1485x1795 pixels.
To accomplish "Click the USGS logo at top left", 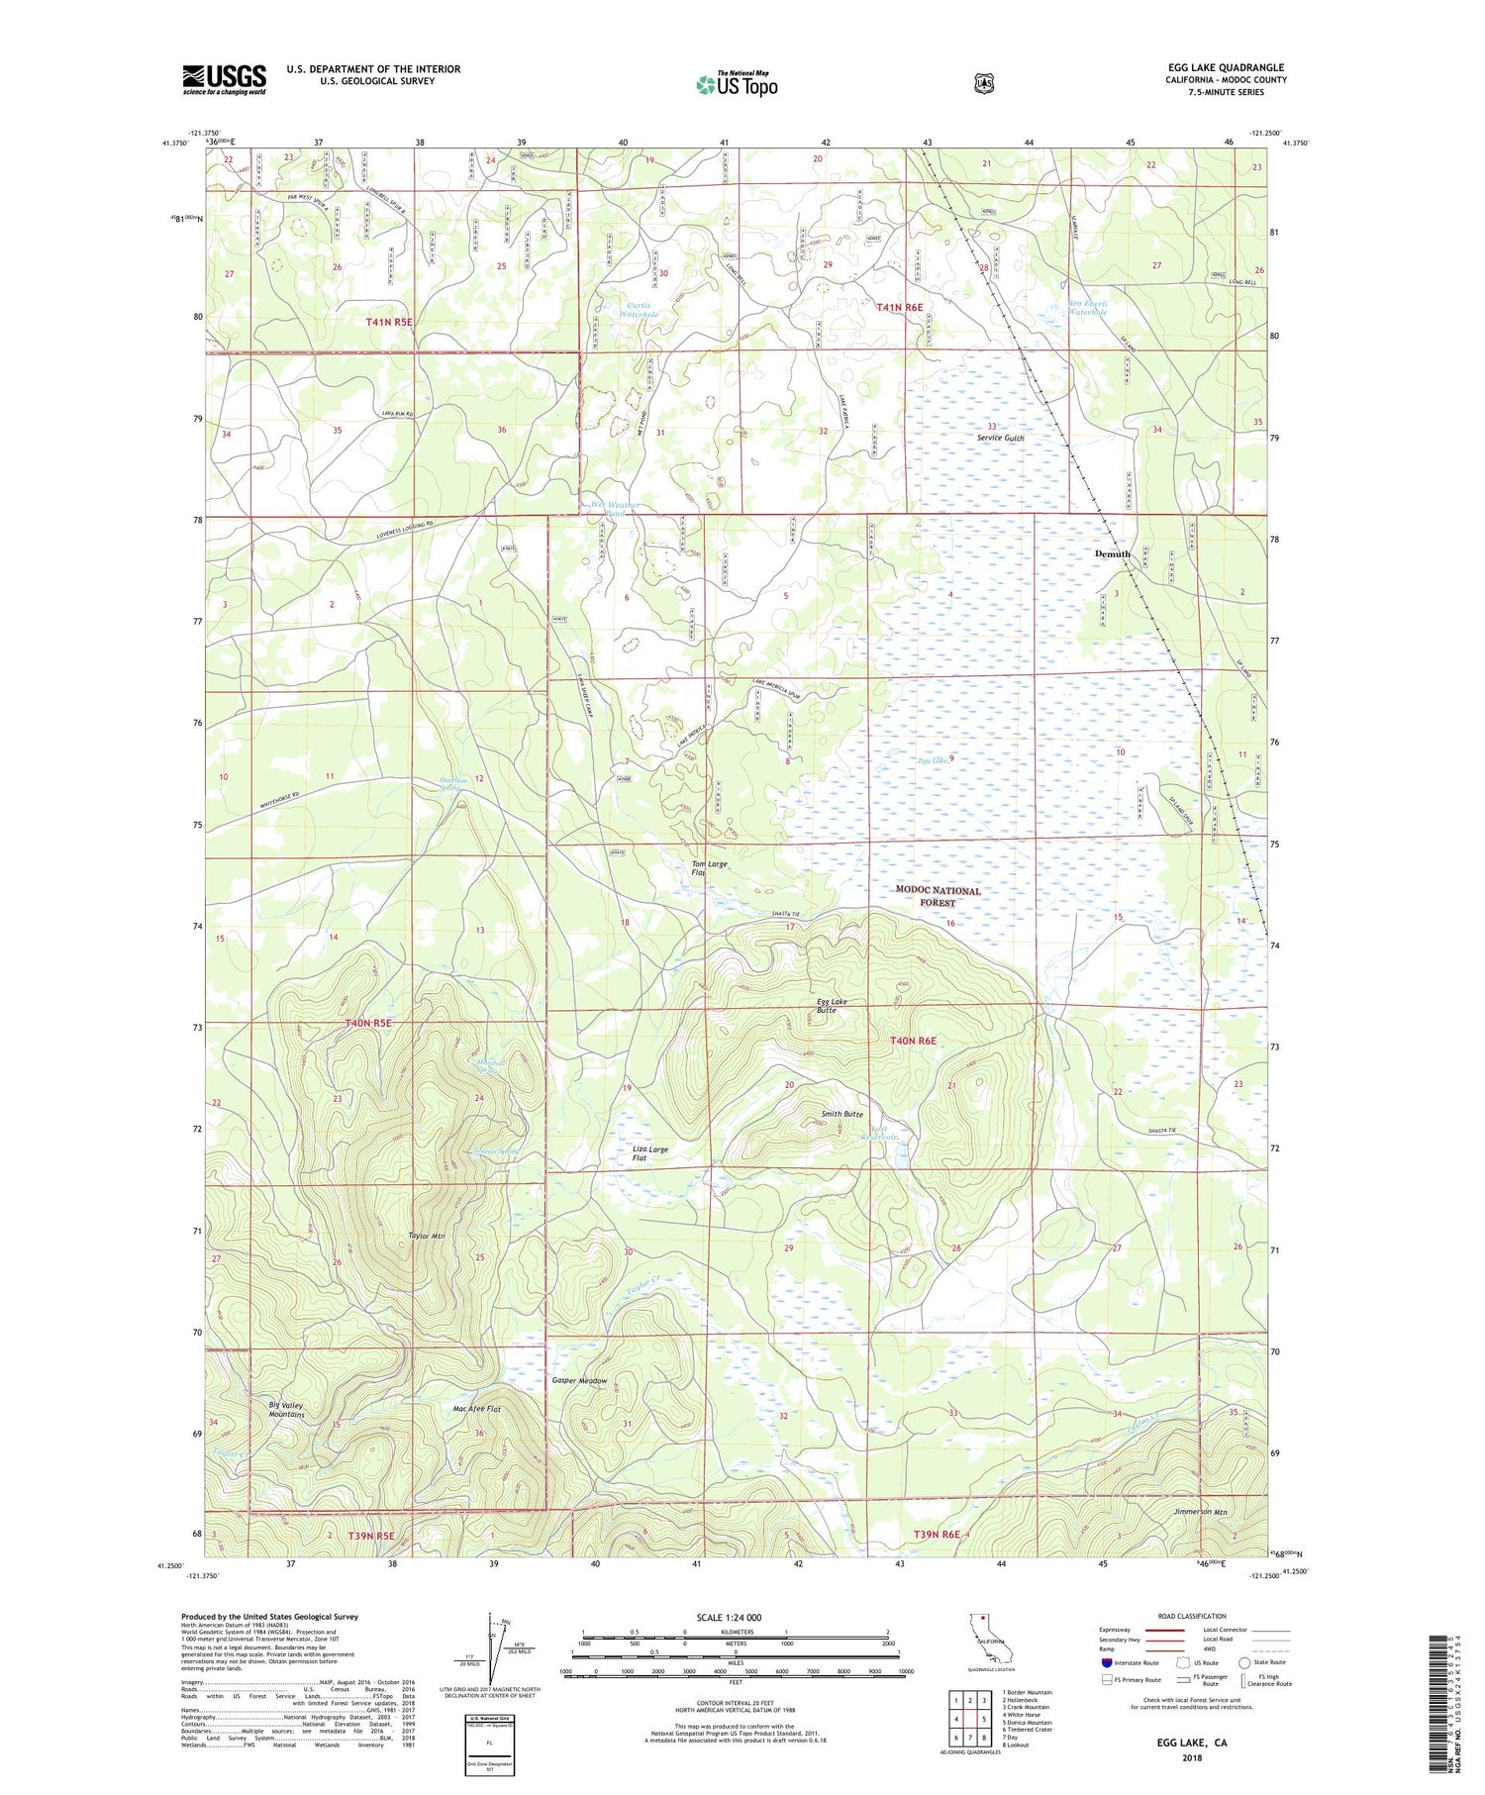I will (224, 79).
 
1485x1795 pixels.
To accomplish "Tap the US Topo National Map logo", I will (737, 84).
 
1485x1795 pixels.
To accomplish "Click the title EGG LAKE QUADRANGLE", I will (1226, 67).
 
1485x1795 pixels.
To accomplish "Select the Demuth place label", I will (1112, 554).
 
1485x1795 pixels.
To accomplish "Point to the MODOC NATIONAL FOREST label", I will (938, 896).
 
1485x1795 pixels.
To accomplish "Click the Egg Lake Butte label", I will (831, 1006).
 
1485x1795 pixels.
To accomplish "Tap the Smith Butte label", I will (841, 1115).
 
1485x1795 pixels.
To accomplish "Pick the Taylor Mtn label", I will (427, 1236).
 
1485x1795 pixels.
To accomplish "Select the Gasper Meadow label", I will (579, 1380).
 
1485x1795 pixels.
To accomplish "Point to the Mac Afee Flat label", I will (476, 1409).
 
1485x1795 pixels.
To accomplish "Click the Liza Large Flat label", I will (649, 1153).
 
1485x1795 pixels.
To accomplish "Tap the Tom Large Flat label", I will (708, 868).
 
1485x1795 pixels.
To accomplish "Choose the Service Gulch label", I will (1000, 438).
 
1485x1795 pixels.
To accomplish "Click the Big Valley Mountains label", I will (286, 1410).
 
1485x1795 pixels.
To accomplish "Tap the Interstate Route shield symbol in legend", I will (1106, 1662).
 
